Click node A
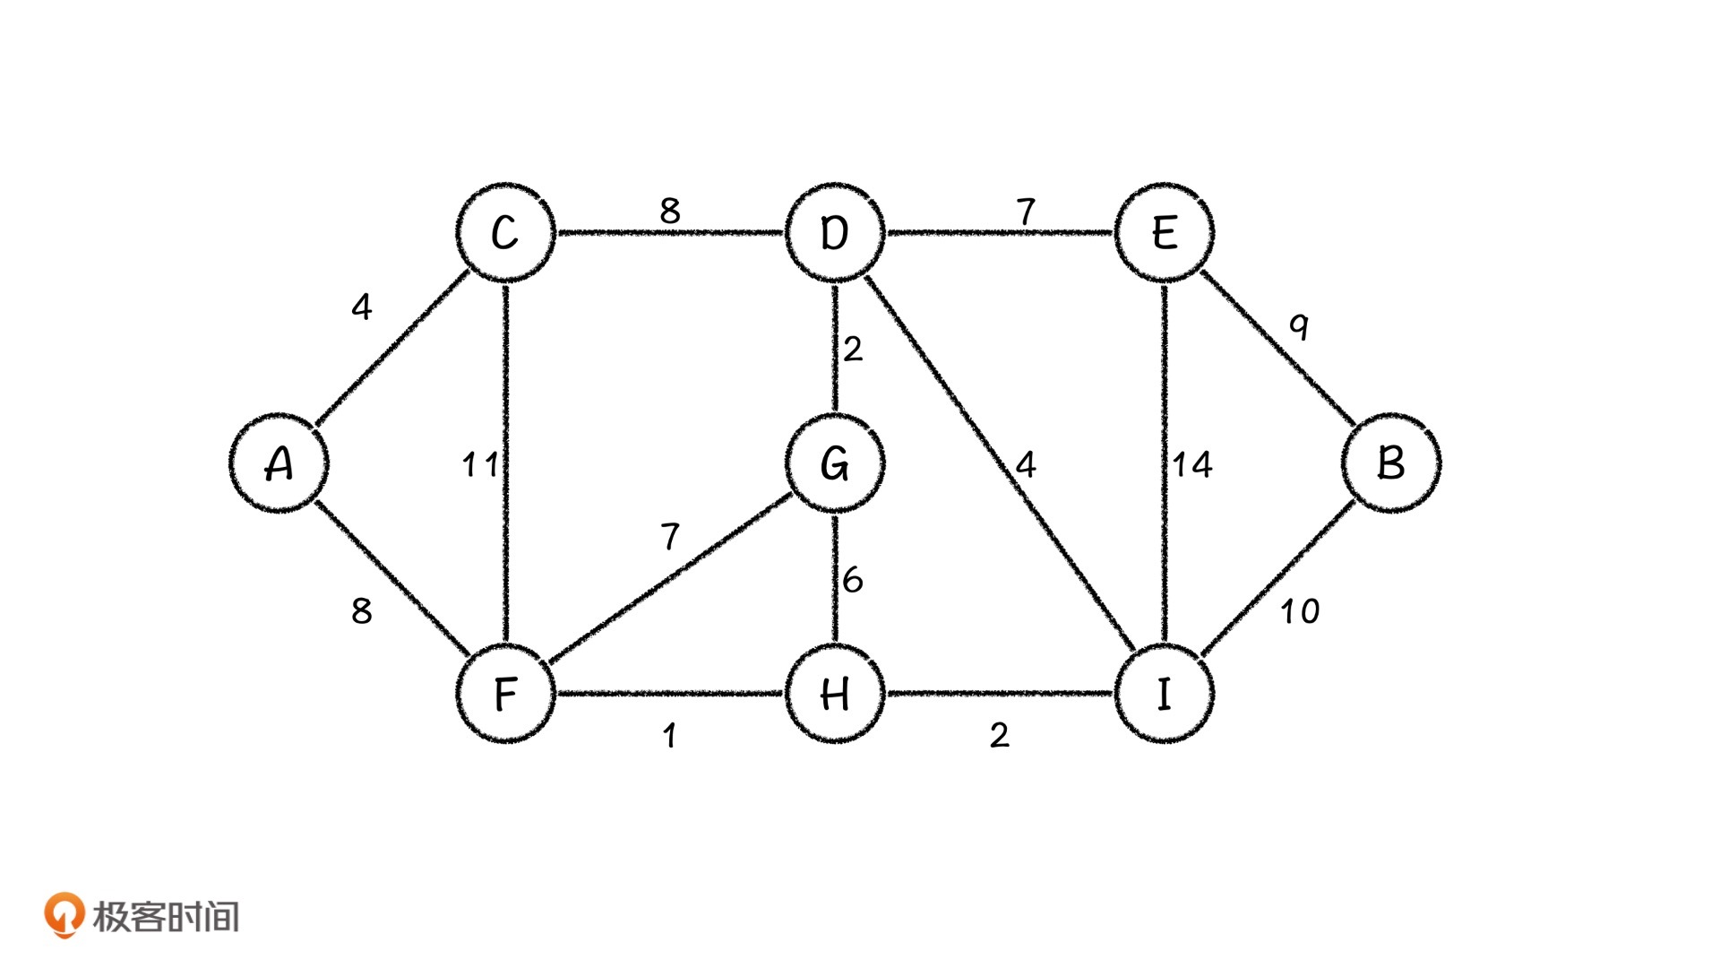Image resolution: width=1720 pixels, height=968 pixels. (279, 463)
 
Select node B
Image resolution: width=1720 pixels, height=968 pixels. (1390, 463)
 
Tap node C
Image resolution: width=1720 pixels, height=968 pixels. (505, 233)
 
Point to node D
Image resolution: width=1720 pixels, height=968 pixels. (835, 233)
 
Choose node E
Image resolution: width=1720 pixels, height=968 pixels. (1164, 233)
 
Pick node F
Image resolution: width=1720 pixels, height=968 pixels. (505, 694)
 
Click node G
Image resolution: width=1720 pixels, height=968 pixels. (835, 463)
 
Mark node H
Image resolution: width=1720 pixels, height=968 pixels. (835, 694)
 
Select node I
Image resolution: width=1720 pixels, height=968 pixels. (1164, 694)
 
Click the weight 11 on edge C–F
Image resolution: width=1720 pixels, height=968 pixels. (480, 464)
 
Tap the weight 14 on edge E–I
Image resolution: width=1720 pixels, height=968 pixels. (1192, 464)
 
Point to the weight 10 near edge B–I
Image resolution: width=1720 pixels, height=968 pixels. (1299, 612)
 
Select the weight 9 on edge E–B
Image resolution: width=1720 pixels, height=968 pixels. (1299, 326)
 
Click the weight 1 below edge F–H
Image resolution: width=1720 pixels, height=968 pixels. (669, 736)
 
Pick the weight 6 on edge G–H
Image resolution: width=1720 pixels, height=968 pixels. (852, 580)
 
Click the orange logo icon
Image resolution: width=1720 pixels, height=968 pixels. (64, 915)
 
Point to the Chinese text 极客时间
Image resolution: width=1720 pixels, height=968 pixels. (167, 917)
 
